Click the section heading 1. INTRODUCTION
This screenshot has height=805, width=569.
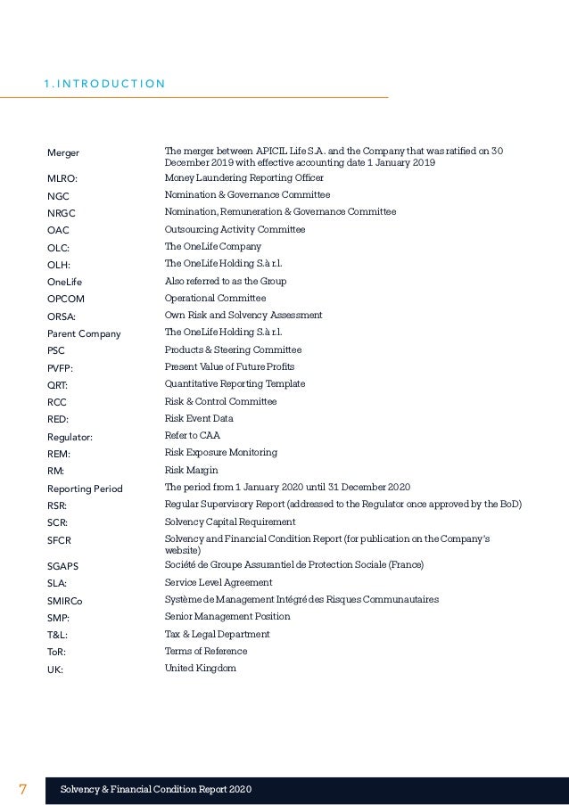click(103, 85)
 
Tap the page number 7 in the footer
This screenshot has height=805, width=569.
click(24, 789)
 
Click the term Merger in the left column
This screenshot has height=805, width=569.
click(62, 153)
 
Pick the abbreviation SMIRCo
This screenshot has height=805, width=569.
click(64, 601)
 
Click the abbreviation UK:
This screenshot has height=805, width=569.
click(55, 669)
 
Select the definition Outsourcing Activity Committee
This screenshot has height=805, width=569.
click(235, 229)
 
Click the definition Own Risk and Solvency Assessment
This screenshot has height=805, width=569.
click(243, 316)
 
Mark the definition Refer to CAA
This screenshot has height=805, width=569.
click(193, 435)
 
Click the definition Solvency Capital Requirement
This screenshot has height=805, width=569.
click(230, 522)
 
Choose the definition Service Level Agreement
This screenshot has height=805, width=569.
click(219, 582)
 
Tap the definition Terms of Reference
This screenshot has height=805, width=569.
click(206, 651)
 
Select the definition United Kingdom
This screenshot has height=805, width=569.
click(201, 668)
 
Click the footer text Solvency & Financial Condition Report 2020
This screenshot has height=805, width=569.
click(156, 789)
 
